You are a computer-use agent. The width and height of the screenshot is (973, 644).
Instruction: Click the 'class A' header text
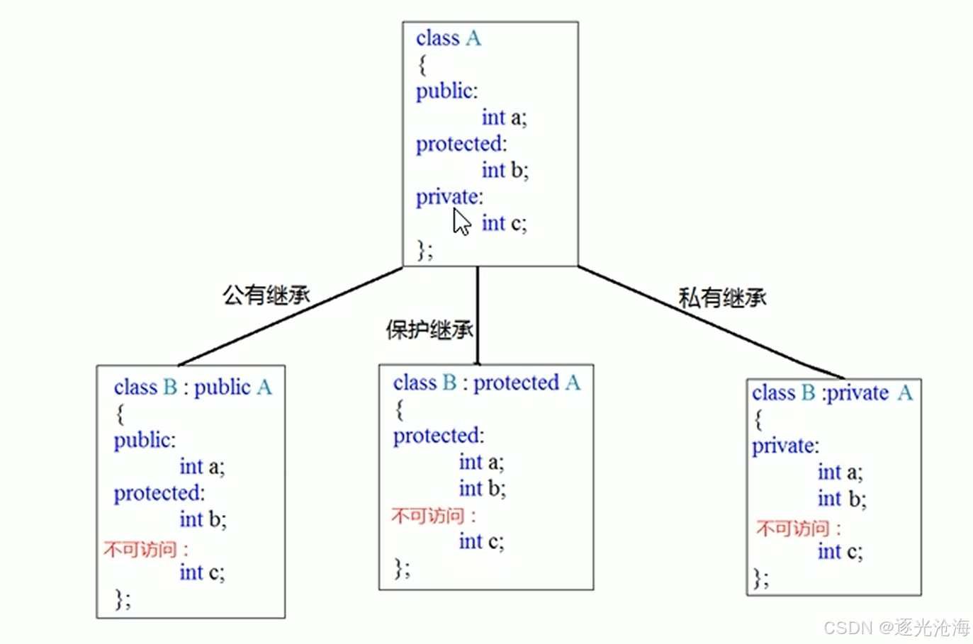click(448, 38)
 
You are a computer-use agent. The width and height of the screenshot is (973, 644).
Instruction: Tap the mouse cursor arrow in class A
click(461, 222)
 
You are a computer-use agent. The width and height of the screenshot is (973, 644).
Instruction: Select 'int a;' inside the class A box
click(504, 117)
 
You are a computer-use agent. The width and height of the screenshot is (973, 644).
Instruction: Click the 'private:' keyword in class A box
click(449, 197)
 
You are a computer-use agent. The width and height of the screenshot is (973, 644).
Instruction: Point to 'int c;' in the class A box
click(504, 223)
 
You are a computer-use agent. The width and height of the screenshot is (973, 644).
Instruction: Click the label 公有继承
click(266, 295)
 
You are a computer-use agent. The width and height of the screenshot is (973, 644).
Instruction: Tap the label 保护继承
click(429, 329)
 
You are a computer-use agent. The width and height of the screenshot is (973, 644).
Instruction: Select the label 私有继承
click(721, 298)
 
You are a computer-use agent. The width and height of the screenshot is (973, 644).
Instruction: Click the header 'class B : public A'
click(193, 388)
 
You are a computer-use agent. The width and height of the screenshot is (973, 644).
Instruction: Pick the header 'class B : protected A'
click(486, 383)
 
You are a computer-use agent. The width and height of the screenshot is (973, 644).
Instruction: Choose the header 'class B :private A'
click(832, 393)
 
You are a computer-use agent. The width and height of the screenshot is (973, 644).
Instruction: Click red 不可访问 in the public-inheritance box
click(145, 549)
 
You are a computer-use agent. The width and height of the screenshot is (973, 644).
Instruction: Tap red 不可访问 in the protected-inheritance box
click(432, 516)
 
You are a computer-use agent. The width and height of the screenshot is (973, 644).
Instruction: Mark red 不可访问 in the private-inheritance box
click(798, 528)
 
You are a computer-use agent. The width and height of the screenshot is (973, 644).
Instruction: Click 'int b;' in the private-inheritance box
click(841, 499)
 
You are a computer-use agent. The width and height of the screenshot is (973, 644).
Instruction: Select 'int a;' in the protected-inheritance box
click(481, 463)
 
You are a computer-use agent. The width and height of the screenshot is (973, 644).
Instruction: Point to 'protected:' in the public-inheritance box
click(159, 493)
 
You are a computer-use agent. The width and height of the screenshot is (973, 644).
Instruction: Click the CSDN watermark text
click(896, 627)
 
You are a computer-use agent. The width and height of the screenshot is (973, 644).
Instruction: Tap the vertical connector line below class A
click(478, 315)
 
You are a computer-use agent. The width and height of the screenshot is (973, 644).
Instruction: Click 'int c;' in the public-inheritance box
click(202, 572)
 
